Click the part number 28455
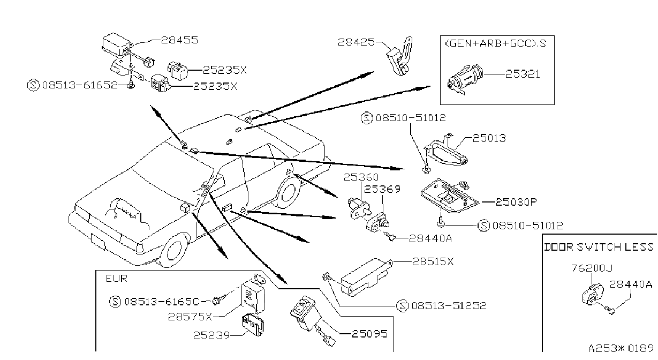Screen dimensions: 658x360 pos(180,40)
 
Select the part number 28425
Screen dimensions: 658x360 pos(356,42)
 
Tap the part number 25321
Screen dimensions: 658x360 pos(523,74)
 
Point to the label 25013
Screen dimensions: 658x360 pos(489,138)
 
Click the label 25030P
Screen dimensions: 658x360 pos(517,202)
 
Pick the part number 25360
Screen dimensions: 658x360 pos(361,177)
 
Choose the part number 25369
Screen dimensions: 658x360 pos(382,189)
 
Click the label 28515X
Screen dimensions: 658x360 pos(433,261)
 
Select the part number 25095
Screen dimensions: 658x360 pos(370,334)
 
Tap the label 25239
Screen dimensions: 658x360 pos(211,335)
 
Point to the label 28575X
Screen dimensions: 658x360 pos(190,317)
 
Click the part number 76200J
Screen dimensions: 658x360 pos(592,268)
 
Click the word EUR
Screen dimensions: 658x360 pos(117,278)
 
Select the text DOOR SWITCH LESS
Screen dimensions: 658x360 pos(599,247)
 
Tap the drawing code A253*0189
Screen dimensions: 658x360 pos(621,348)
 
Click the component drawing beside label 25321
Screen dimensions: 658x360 pos(465,79)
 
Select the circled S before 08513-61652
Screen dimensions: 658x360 pos(33,86)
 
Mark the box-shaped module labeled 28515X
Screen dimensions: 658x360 pos(366,276)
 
